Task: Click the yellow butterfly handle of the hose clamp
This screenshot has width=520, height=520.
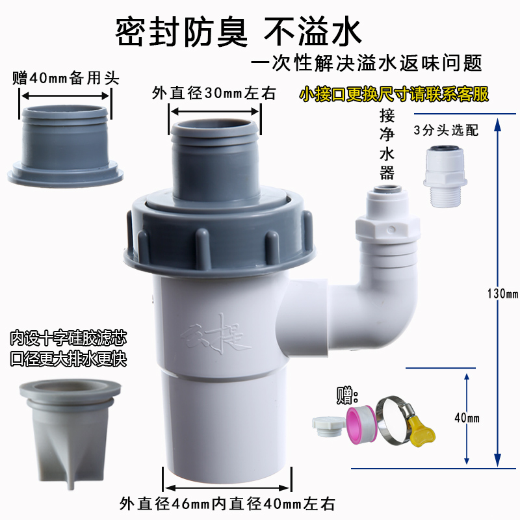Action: coord(422,431)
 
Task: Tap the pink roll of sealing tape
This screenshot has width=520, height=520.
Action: coord(361,425)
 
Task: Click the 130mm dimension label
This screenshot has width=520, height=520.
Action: coord(502,294)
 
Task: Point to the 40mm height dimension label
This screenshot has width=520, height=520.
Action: coord(467,418)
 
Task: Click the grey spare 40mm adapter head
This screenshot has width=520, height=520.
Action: coord(66,146)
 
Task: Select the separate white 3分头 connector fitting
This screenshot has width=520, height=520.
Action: coord(445,176)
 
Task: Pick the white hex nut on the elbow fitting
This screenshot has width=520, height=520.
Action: coord(387,229)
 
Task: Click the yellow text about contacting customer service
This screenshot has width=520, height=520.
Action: coord(394,94)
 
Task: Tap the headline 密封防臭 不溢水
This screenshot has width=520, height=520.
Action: coord(238,32)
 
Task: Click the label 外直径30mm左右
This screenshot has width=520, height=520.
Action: coord(214,93)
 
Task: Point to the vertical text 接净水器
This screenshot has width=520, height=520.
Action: coord(387,144)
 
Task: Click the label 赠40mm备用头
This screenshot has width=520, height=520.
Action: coord(66,79)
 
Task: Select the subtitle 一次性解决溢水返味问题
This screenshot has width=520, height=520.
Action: coord(366,62)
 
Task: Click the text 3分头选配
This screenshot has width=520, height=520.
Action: coord(446,131)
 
